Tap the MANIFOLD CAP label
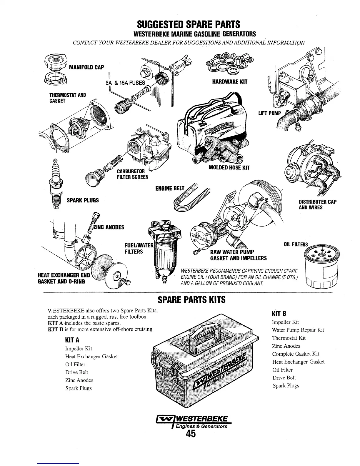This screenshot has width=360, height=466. pos(86,67)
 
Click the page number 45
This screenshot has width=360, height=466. pos(191,434)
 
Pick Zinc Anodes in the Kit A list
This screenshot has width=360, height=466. pos(79,380)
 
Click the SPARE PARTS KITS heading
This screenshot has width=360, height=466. pos(191,300)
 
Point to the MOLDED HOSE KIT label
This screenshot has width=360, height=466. pos(229,168)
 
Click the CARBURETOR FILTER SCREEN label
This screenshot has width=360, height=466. pos(132,174)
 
